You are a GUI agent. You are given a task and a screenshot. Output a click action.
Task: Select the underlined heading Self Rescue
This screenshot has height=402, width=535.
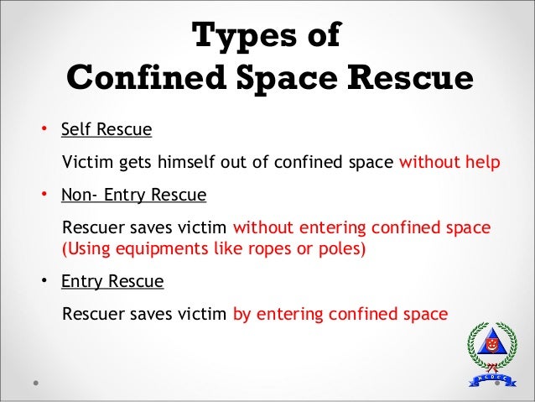click(x=106, y=130)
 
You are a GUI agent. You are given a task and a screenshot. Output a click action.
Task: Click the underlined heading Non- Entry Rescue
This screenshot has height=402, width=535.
click(x=133, y=196)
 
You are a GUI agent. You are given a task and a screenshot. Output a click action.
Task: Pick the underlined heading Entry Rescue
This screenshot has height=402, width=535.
click(x=112, y=282)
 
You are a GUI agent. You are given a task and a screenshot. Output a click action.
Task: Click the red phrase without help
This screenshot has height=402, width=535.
click(x=449, y=162)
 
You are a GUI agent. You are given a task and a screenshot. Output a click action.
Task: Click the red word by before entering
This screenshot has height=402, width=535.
click(x=242, y=315)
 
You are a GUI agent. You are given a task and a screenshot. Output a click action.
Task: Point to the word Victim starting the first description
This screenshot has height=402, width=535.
click(x=86, y=162)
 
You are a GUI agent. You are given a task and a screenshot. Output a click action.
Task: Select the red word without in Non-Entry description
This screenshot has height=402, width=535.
click(x=262, y=228)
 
